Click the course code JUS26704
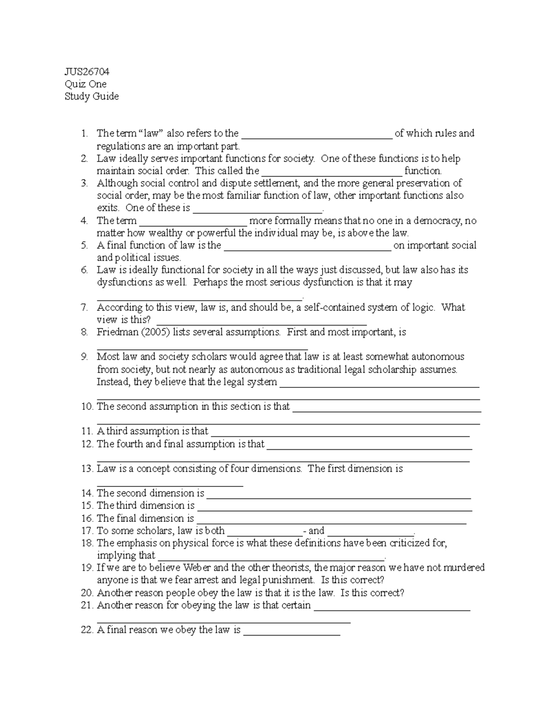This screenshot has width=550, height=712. coord(87,72)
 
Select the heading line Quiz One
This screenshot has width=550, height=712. coord(86,84)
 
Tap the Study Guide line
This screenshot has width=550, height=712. coord(92,96)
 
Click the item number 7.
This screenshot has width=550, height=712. coord(84,307)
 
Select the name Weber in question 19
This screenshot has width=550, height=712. coord(198,568)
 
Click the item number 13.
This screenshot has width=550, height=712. coord(87,469)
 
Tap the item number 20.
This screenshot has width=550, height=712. coord(87,593)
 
